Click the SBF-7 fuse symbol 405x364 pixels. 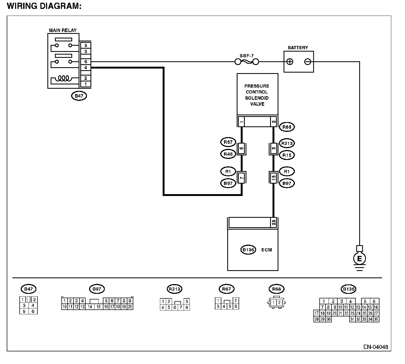[x=247, y=62]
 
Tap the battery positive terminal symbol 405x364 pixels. [x=290, y=62]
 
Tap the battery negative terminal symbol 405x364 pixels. [x=308, y=62]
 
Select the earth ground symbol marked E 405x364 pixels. [x=359, y=259]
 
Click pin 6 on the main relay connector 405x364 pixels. [x=86, y=62]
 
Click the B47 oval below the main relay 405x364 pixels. [x=79, y=96]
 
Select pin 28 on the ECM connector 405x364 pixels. [x=274, y=222]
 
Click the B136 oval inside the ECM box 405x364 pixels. [x=248, y=250]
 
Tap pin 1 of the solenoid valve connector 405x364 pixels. [x=242, y=122]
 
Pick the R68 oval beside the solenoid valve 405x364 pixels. [x=287, y=127]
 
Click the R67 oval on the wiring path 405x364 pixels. [x=228, y=142]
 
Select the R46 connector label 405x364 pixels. [x=228, y=154]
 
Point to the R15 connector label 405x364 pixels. [x=287, y=155]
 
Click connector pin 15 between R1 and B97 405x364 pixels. [x=274, y=178]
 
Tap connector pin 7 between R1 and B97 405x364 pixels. [x=242, y=178]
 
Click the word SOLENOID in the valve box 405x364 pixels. [x=257, y=98]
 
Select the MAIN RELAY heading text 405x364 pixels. [x=62, y=30]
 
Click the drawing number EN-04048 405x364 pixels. [x=376, y=347]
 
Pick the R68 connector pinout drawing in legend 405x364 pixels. [x=276, y=302]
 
